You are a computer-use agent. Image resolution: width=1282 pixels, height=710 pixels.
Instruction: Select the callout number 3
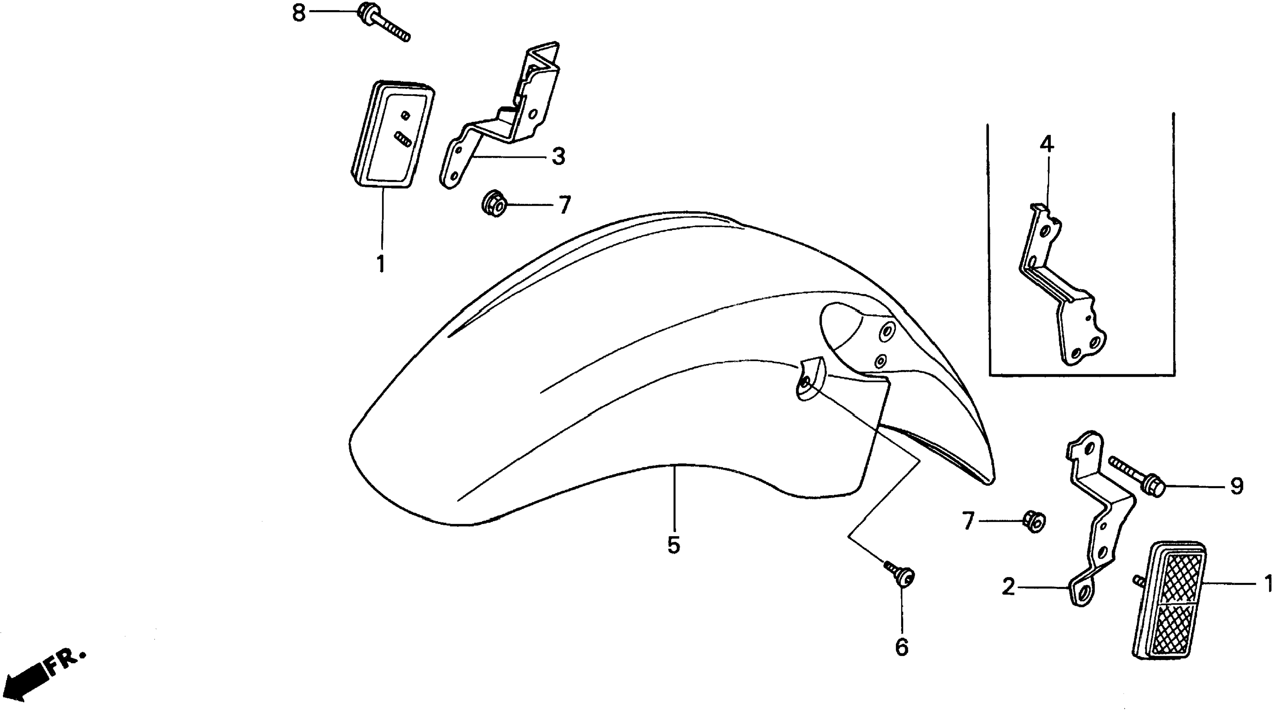[558, 157]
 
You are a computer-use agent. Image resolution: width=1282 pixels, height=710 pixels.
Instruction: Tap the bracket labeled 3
[503, 120]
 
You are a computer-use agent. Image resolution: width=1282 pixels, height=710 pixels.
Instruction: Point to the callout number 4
[1047, 145]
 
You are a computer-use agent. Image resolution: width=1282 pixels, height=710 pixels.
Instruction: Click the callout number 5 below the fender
[673, 546]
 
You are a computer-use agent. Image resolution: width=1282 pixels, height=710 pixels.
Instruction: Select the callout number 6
[902, 647]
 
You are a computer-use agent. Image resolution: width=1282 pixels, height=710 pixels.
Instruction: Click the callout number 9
[1237, 487]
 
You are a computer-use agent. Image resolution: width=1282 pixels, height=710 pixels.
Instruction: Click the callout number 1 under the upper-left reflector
[381, 264]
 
